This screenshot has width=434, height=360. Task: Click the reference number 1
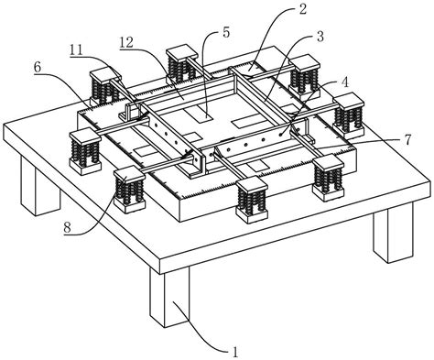tap(235, 352)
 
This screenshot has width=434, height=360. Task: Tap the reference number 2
tap(302, 8)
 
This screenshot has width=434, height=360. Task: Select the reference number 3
tap(320, 37)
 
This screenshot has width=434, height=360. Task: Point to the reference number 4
tap(344, 82)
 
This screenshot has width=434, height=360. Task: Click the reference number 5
tap(226, 33)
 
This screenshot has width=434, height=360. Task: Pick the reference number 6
tap(38, 68)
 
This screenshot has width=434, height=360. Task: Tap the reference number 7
tap(408, 139)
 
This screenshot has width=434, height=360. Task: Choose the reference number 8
tap(68, 227)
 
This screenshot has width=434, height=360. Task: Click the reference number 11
tap(76, 50)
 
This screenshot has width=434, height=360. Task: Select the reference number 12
tap(126, 43)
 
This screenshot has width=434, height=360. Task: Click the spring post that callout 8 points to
tap(128, 189)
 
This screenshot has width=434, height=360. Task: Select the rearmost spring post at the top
tap(182, 65)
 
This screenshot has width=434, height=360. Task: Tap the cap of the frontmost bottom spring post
tap(252, 185)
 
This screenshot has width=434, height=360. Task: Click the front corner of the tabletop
tap(160, 260)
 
